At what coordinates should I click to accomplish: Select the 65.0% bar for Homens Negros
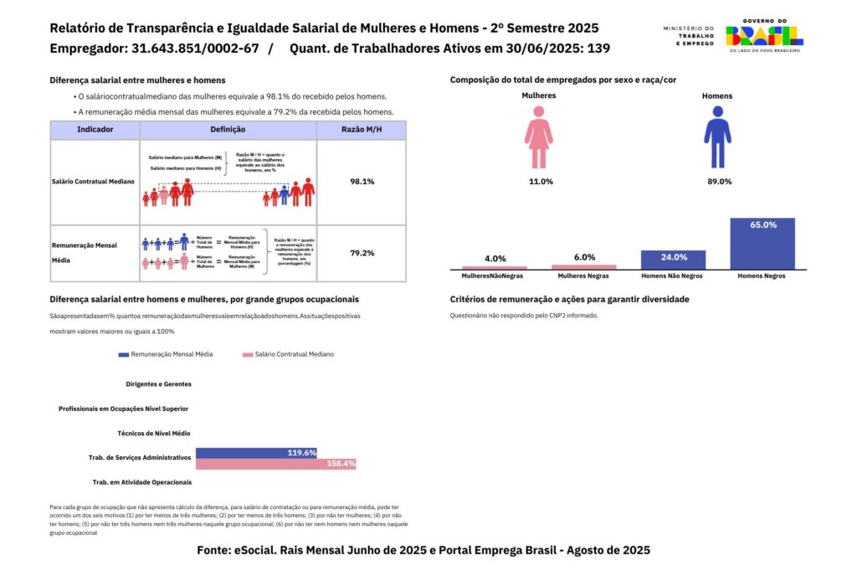762,244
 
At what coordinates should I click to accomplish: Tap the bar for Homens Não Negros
673,260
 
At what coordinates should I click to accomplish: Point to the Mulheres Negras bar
583,267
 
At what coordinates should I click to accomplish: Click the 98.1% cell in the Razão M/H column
362,181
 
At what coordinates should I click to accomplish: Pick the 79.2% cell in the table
362,253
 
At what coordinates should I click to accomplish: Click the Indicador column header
95,130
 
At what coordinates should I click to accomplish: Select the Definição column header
228,130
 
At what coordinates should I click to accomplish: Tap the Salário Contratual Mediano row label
93,182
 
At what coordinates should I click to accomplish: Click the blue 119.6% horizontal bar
256,453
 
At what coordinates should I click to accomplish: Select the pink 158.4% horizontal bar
275,464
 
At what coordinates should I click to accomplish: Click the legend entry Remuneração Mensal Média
166,354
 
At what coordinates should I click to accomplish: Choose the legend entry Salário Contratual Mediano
289,354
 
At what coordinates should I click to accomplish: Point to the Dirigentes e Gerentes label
158,384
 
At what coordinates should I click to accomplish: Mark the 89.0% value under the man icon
717,182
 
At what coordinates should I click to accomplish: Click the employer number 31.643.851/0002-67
194,49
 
